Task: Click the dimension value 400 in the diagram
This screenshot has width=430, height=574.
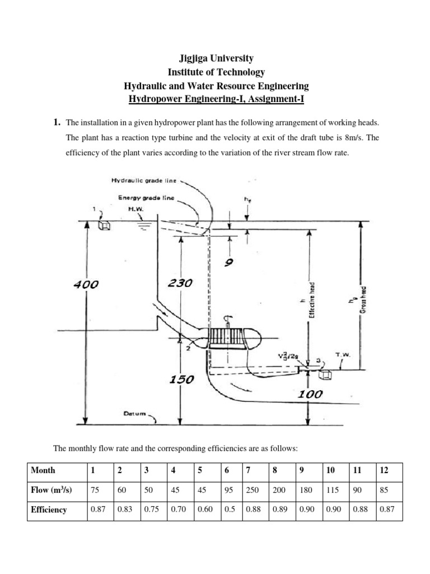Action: (86, 285)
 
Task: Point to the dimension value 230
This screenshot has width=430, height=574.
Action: (180, 284)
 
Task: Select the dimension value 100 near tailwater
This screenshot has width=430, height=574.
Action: (310, 394)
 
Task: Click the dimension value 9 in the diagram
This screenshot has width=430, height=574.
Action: (228, 261)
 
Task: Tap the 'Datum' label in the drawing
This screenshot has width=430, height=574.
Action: (134, 414)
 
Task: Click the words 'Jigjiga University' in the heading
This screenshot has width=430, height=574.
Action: (216, 58)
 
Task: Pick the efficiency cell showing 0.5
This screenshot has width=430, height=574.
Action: (228, 510)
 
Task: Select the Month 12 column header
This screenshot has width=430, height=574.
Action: (383, 470)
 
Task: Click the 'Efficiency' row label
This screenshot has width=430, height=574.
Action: (49, 510)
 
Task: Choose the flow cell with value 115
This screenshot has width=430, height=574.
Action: (333, 490)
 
